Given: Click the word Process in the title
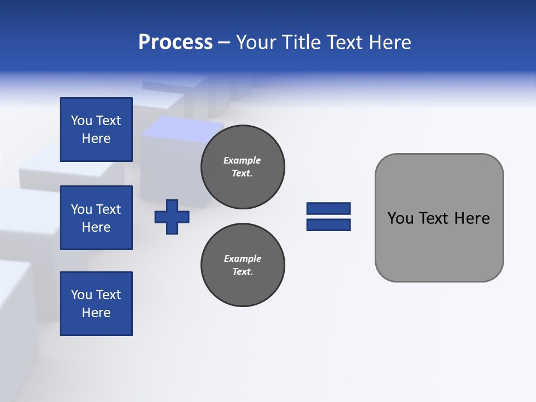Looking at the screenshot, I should (x=175, y=42).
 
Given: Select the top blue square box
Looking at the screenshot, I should (x=96, y=130).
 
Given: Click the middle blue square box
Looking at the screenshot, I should (x=96, y=218).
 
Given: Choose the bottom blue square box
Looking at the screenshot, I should (x=96, y=304).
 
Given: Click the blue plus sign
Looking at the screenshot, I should (x=172, y=217).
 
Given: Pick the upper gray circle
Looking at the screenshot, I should (x=242, y=167).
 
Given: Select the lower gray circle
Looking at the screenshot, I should (x=242, y=265).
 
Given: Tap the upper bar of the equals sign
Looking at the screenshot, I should (x=328, y=208).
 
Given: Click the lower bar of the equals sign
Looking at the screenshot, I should (x=328, y=224).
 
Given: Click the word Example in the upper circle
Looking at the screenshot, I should (x=242, y=160).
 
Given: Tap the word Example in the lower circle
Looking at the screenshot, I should (x=242, y=259).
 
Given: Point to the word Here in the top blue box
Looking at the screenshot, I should (x=96, y=138).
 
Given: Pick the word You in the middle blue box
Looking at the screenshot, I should (x=82, y=209).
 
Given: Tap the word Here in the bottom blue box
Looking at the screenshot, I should (x=96, y=313).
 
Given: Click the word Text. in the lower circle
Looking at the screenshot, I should (x=242, y=272).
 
